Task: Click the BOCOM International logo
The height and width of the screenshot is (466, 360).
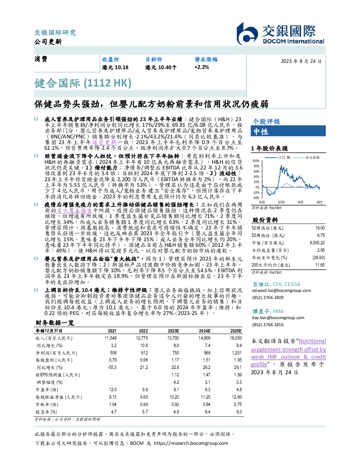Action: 280,34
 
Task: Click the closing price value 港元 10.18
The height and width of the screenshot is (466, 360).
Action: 115,67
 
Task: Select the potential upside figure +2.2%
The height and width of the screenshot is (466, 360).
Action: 202,67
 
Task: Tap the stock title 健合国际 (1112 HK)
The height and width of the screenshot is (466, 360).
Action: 83,83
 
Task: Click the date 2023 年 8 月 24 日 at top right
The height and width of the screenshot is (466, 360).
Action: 301,61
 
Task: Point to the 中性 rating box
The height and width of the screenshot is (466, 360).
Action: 288,131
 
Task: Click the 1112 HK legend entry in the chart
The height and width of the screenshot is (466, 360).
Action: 277,157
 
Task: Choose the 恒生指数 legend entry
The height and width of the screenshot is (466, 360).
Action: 306,157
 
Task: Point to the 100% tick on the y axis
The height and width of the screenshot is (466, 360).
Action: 256,161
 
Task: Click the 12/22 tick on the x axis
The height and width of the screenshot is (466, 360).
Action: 281,202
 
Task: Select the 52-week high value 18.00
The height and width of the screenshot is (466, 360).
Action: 320,228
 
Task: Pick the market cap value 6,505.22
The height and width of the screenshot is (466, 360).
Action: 317,243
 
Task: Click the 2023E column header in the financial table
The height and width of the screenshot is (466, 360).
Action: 173,331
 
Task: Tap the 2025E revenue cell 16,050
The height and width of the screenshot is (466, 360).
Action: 236,338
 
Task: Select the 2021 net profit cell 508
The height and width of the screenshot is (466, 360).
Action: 113,353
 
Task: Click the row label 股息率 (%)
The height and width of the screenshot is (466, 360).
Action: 46,412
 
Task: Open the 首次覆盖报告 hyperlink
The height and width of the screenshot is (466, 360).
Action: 74,210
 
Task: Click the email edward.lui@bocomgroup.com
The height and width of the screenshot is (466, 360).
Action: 282,290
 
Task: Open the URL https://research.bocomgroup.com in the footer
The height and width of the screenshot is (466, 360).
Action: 191,443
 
